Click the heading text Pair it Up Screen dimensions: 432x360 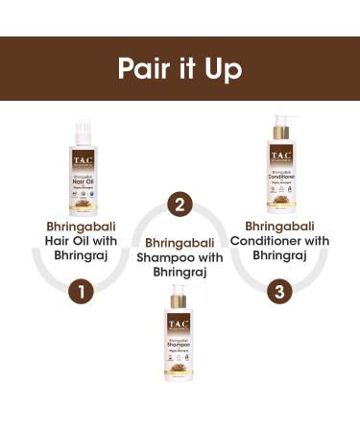click(x=180, y=68)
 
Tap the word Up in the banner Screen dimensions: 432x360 click(x=224, y=68)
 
